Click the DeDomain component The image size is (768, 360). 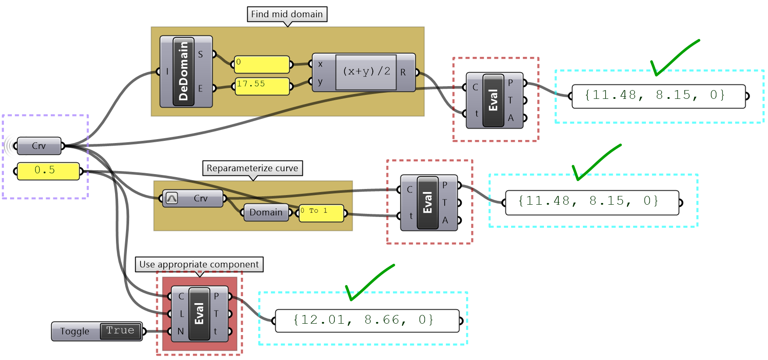tap(183, 72)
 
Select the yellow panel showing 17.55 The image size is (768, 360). tap(262, 86)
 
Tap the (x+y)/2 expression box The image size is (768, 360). tap(366, 72)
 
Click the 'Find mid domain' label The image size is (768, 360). tap(287, 14)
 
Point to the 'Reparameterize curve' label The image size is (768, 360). tap(252, 168)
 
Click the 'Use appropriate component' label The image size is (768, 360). tap(199, 265)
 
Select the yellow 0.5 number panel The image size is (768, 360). tap(48, 171)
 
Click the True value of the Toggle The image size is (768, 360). tap(120, 331)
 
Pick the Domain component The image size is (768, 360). tap(266, 213)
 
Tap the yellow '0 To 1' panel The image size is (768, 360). tap(321, 213)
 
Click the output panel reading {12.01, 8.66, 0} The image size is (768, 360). tap(367, 321)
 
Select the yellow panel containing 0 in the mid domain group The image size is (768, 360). tap(262, 64)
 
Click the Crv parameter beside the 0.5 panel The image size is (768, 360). tap(39, 146)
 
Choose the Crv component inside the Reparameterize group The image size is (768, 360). tap(193, 199)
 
